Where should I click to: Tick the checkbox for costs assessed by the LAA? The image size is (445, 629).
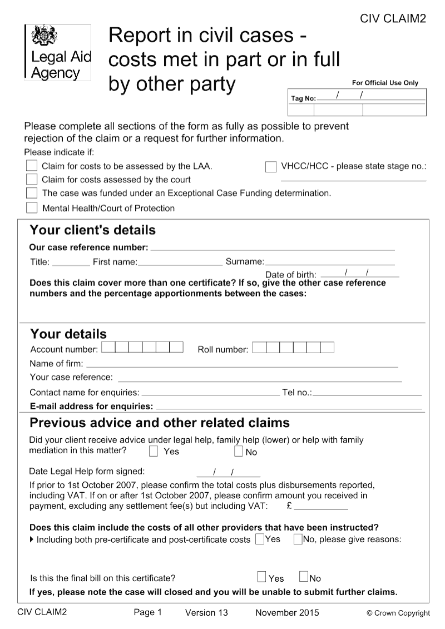pos(32,166)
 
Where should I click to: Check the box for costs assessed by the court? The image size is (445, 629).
pos(32,180)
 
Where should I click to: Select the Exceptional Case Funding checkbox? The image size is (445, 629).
pos(32,194)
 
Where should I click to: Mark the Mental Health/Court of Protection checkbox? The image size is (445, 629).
pos(32,208)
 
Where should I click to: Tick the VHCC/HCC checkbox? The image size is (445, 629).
pos(271,166)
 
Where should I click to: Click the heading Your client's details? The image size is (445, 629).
pos(92,230)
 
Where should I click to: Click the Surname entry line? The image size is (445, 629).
pos(329,261)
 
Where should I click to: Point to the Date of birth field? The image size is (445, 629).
pos(360,273)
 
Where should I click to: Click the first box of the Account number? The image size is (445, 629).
pos(108,348)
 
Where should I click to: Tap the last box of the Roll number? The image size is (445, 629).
pos(327,348)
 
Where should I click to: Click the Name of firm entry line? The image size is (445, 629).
pos(241,364)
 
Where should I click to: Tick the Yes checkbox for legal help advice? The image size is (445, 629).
pos(154,451)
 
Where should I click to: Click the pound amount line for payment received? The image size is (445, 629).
pos(321,507)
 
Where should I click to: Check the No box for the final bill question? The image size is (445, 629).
pos(304,577)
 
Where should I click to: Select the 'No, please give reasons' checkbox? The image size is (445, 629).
pos(298,538)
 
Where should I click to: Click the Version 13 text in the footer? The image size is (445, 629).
pos(206,613)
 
